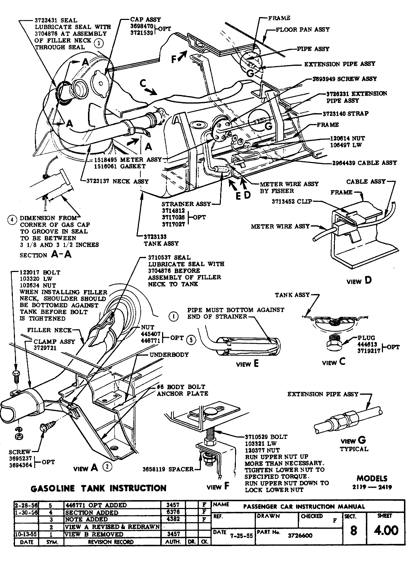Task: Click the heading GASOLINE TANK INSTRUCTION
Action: coord(99,488)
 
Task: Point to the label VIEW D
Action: coord(359,280)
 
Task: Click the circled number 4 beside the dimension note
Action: coord(12,219)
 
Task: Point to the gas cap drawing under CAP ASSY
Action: coord(100,82)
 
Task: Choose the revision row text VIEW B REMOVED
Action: coord(94,534)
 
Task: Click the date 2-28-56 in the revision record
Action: coord(25,505)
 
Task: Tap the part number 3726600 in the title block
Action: coord(300,535)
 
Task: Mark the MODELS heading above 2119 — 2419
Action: coord(372,478)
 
